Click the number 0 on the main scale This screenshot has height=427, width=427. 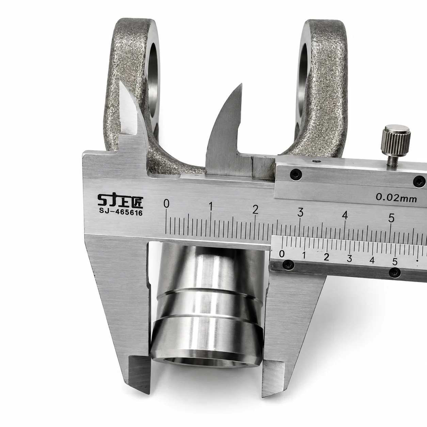[x=166, y=203]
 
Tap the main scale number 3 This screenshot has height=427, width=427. [x=300, y=212]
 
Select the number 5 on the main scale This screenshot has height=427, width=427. [x=392, y=218]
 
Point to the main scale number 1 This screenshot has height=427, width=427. [x=211, y=207]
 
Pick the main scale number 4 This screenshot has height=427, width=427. [x=345, y=215]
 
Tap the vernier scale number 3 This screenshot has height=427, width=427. [x=349, y=258]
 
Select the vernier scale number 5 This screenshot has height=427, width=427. [x=395, y=262]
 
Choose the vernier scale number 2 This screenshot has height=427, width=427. [x=326, y=257]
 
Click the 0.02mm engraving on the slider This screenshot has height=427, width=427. [x=396, y=197]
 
